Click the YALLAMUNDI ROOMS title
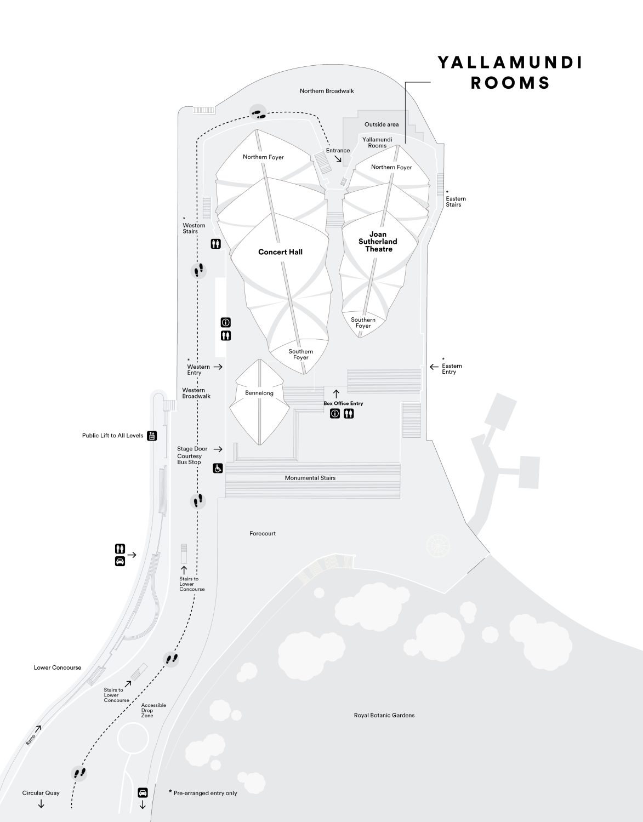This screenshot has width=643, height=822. tap(510, 72)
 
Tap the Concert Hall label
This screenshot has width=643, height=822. tap(280, 252)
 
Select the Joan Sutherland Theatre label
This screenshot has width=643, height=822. tap(378, 242)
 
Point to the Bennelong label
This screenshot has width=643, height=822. tap(259, 393)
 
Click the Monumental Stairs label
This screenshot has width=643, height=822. tap(310, 478)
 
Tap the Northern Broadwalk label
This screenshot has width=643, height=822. tap(327, 91)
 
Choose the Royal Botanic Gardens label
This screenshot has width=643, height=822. tap(384, 715)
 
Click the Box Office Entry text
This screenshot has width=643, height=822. tap(343, 403)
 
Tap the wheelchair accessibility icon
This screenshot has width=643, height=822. tap(218, 469)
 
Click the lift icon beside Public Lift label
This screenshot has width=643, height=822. tap(152, 436)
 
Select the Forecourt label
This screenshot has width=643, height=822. tap(263, 533)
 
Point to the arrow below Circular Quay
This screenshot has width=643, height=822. tap(41, 804)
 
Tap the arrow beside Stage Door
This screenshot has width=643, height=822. tap(218, 449)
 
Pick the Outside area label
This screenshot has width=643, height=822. tap(382, 124)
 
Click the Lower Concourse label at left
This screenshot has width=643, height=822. tap(58, 667)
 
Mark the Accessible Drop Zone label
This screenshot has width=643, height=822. tap(153, 710)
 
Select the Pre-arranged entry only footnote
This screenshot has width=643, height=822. tap(203, 793)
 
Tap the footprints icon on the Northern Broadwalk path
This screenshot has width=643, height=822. tap(258, 112)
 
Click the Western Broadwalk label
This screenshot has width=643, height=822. tap(196, 393)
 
